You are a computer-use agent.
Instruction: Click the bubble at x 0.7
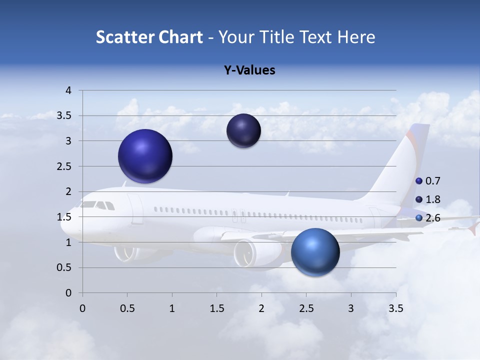coord(145,156)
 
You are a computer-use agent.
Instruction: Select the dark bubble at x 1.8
coord(243,131)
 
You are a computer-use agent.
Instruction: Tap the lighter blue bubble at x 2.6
coord(315,252)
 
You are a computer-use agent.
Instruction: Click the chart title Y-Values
coord(249,70)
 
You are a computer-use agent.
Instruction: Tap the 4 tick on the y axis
coord(69,90)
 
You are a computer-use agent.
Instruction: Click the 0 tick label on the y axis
coord(69,293)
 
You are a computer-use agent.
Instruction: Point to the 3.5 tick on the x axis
coord(395,308)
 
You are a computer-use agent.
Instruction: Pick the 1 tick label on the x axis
coord(172,308)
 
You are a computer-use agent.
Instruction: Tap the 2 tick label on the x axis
coord(261,308)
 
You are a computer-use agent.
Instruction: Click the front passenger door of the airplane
coord(135,208)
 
